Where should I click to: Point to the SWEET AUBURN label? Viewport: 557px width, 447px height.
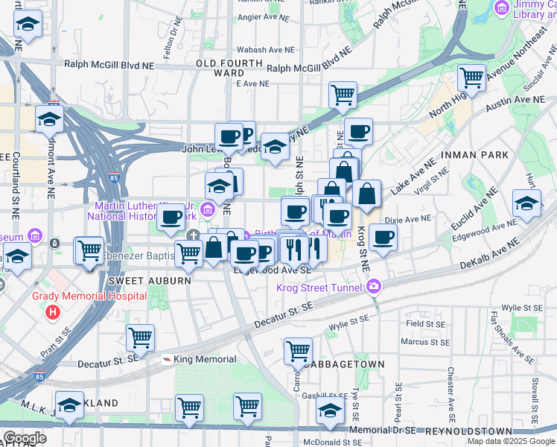[145, 281]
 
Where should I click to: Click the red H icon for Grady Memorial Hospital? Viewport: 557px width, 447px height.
[52, 310]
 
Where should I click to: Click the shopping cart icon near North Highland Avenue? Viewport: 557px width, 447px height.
[471, 76]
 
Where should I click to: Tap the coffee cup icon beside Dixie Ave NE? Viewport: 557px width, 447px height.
[383, 238]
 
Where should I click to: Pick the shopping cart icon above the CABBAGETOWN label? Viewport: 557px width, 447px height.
[298, 349]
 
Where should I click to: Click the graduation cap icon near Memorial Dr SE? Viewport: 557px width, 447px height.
[330, 409]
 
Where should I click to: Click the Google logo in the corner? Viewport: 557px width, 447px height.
[24, 438]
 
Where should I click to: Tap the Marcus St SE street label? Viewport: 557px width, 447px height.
[424, 343]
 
